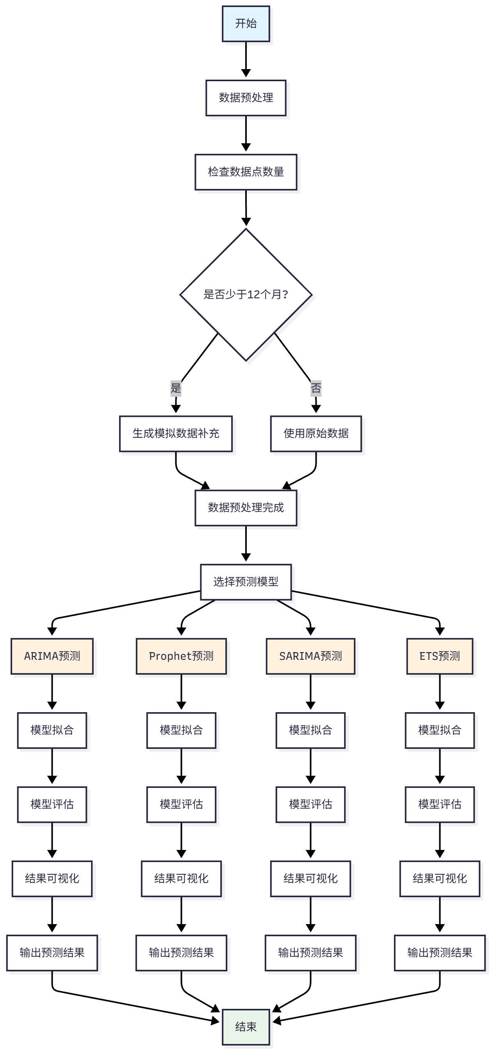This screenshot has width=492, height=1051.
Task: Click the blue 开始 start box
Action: [246, 24]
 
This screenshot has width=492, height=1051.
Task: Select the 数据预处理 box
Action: [246, 98]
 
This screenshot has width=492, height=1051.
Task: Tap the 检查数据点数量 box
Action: [246, 172]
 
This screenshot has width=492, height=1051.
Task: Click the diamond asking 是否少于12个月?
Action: [246, 295]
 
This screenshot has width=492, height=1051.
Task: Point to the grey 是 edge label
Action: [175, 388]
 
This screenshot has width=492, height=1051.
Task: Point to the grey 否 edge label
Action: [316, 388]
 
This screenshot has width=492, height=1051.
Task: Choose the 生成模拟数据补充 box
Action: [175, 434]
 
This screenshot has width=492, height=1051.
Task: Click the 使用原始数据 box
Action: [316, 434]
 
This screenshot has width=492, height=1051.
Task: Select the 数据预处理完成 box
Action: [246, 508]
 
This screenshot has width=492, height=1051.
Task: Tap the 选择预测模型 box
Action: [246, 582]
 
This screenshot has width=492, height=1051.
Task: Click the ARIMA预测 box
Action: [52, 656]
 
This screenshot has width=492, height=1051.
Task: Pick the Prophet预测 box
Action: [181, 656]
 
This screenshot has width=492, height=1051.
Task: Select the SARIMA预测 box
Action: [310, 656]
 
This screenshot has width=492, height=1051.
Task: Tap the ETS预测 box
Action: [439, 656]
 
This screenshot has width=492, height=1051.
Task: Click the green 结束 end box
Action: [246, 1026]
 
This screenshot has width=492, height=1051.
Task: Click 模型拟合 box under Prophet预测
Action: [181, 730]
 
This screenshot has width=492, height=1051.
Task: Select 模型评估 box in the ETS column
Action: [439, 804]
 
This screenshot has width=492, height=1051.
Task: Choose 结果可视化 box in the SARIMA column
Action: [310, 878]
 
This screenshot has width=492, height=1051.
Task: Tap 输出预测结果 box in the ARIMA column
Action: [52, 953]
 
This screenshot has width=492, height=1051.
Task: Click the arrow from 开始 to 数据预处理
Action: [246, 59]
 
